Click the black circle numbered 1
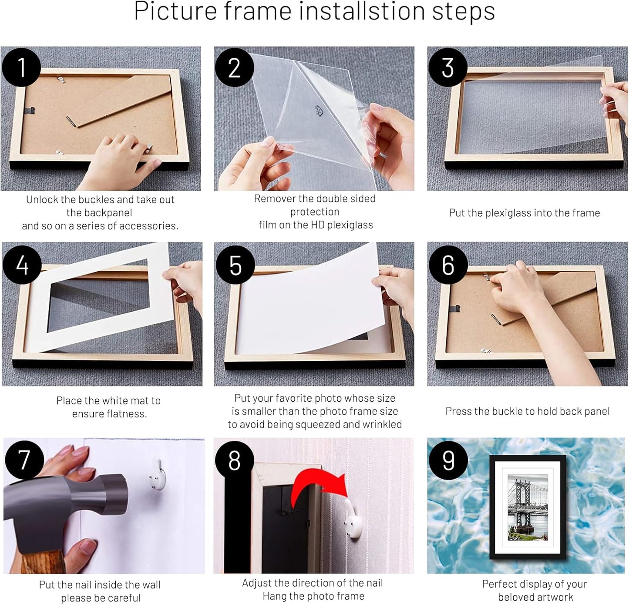tap(21, 67)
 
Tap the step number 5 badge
tap(235, 265)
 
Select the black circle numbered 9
tap(448, 460)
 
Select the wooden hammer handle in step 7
tap(44, 561)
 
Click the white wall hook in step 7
tap(158, 474)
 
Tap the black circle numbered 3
tap(447, 67)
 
